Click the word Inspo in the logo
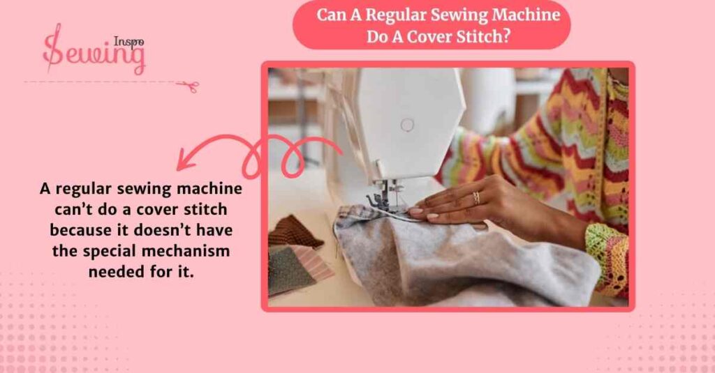click(x=128, y=41)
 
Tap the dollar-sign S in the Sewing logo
click(x=53, y=50)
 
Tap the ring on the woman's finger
click(x=476, y=197)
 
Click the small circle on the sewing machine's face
click(x=407, y=125)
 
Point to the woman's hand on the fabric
click(x=454, y=206)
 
